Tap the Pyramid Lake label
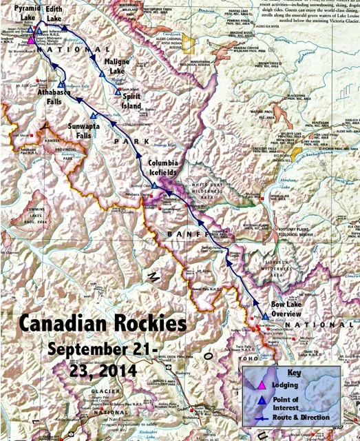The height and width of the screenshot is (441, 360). click(x=19, y=15)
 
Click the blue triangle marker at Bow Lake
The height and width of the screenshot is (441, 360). click(x=265, y=316)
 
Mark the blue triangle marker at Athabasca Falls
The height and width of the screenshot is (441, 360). click(x=61, y=84)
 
